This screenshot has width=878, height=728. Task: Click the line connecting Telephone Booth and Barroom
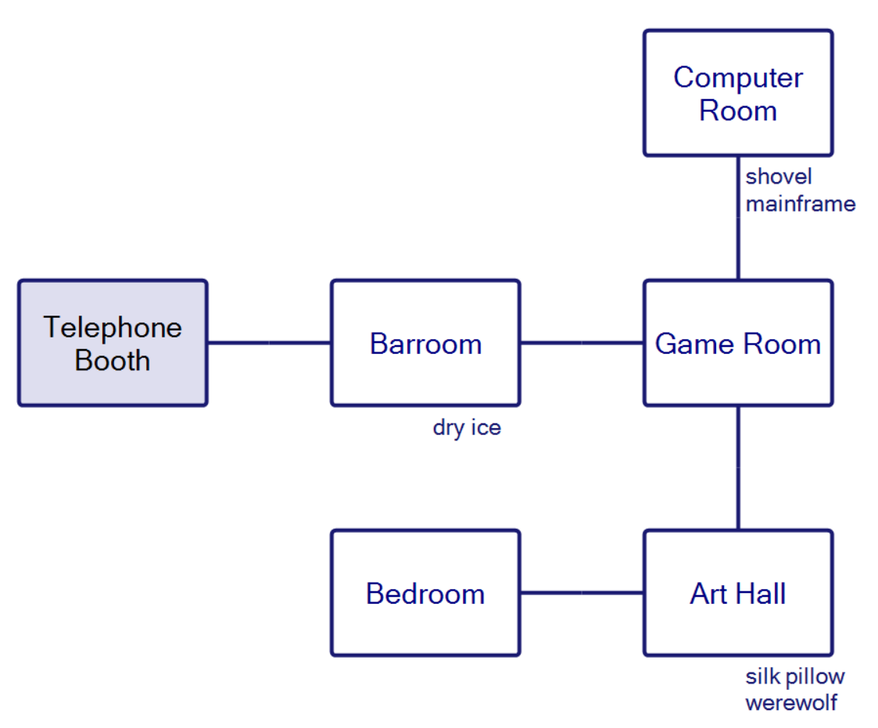click(269, 342)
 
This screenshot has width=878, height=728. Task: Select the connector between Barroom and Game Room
click(582, 342)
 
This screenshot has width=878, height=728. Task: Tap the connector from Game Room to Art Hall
click(738, 467)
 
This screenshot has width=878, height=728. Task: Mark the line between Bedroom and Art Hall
click(582, 593)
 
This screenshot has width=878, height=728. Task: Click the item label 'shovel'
click(778, 177)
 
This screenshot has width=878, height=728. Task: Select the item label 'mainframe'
click(801, 204)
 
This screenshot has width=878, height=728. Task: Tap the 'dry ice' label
click(467, 428)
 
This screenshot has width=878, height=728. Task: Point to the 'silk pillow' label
click(795, 676)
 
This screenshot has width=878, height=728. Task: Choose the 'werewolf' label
click(791, 702)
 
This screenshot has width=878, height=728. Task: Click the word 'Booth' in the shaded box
click(113, 361)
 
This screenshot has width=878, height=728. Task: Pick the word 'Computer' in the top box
click(738, 77)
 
